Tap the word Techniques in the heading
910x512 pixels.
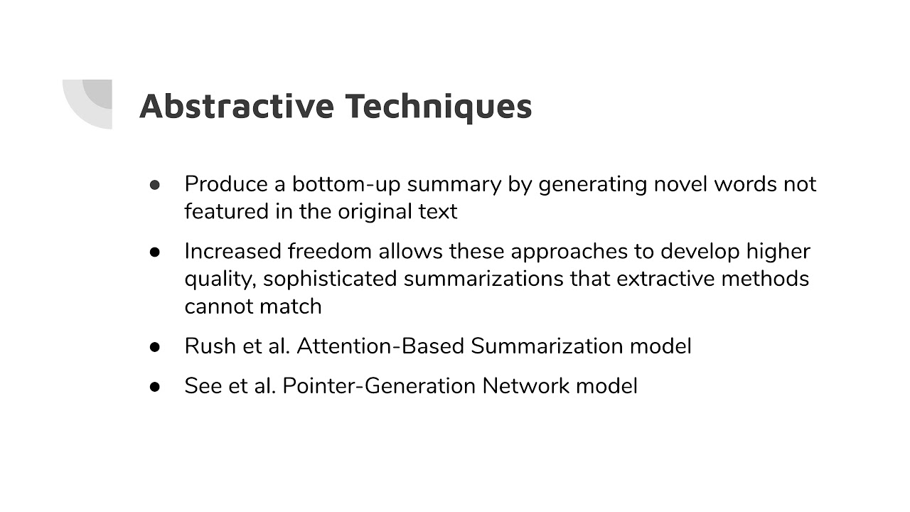[x=439, y=106]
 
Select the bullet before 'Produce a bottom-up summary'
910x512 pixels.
[x=155, y=185]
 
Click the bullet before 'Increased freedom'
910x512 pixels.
[x=155, y=252]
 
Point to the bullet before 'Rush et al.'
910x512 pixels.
[x=155, y=347]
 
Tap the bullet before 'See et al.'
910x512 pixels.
[x=155, y=386]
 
